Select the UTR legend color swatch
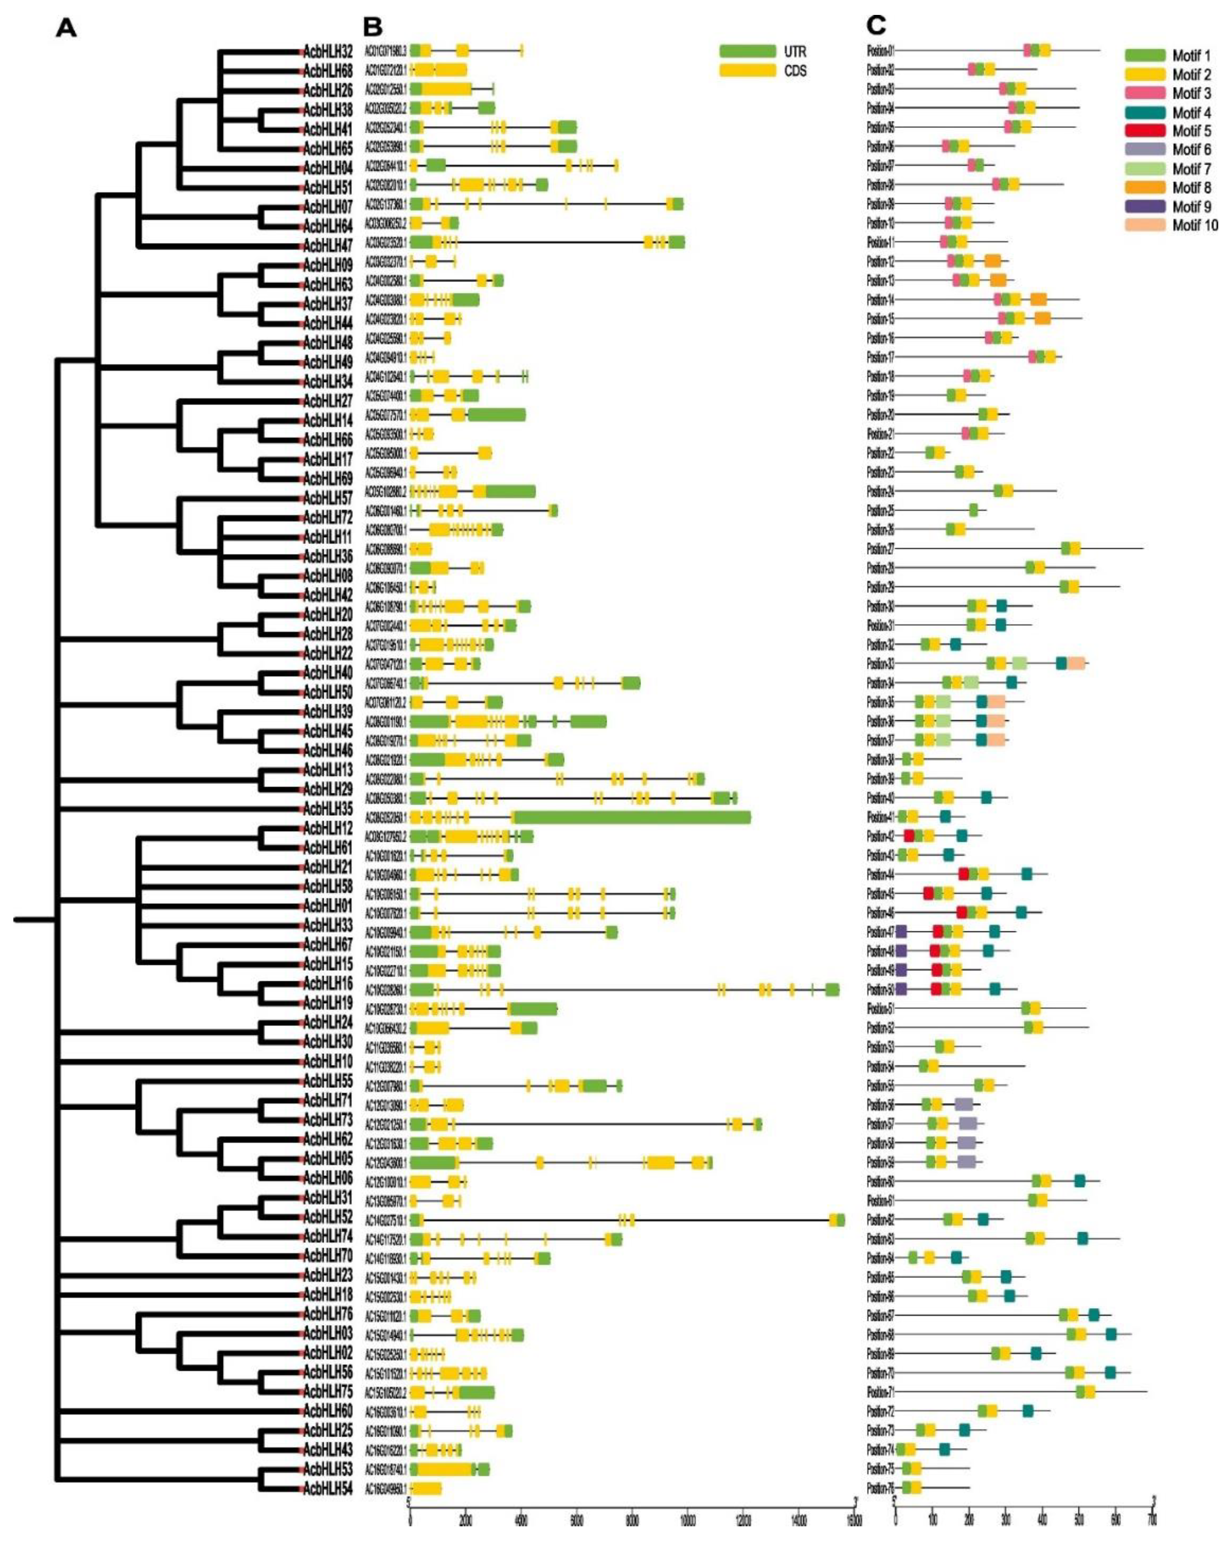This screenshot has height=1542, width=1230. pyautogui.click(x=747, y=51)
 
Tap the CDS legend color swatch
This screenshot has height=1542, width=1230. pyautogui.click(x=747, y=71)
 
